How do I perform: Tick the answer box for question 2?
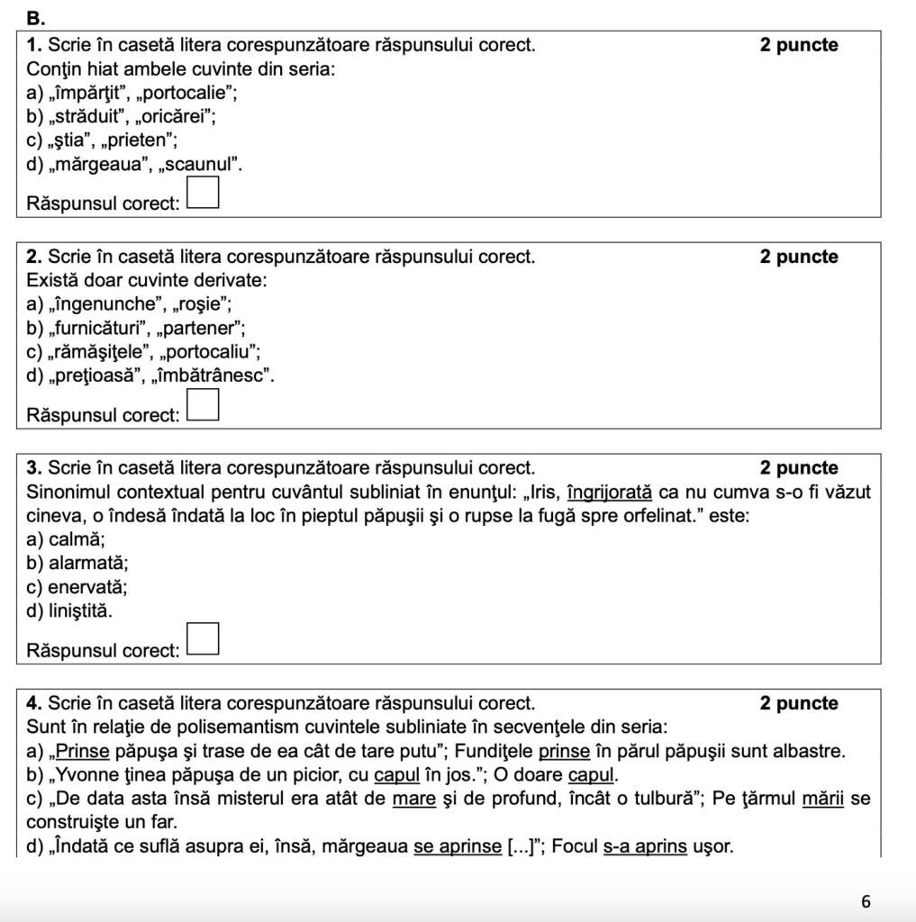pos(204,406)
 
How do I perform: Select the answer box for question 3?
pos(204,639)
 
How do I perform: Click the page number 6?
pos(866,901)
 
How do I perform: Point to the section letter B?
pos(35,18)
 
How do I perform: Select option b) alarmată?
pos(77,564)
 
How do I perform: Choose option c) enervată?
pos(77,587)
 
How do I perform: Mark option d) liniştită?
pos(72,610)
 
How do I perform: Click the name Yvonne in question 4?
pos(91,775)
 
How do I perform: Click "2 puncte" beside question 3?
pos(799,468)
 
